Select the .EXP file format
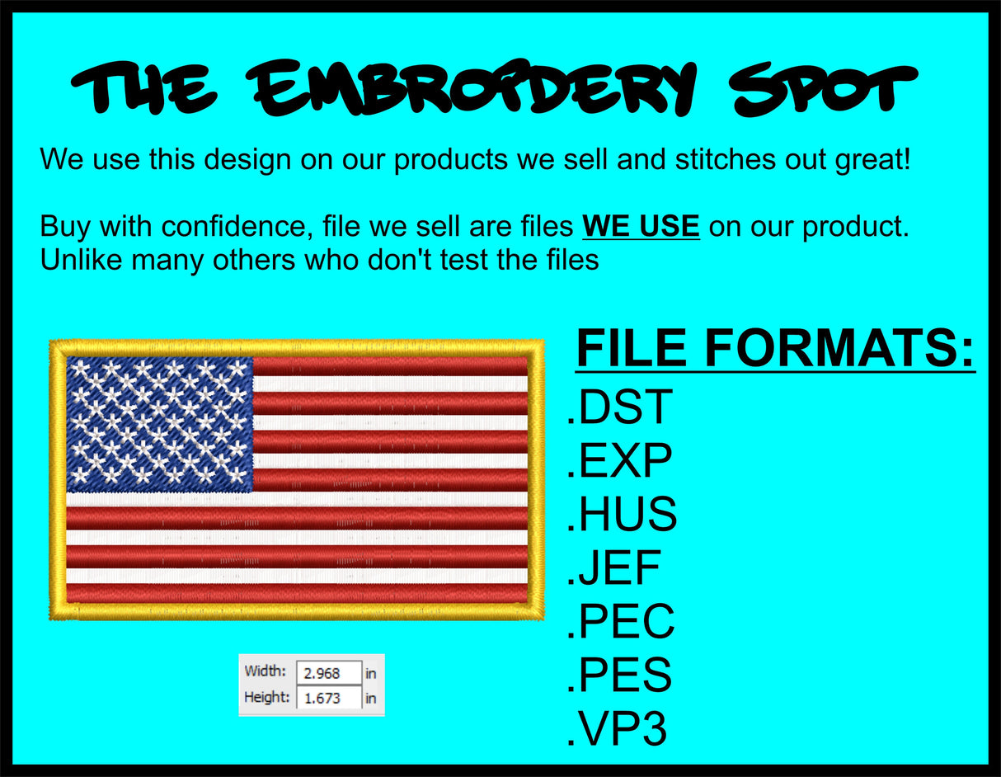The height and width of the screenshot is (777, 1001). coord(620,460)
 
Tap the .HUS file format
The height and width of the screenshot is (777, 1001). coord(623,515)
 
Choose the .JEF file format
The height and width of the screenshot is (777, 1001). coord(614,568)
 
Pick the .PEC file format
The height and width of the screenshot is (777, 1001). coord(621,622)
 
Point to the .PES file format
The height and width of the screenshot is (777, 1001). coord(620,676)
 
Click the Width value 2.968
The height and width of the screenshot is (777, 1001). coord(328,673)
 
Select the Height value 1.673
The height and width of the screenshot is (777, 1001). coord(328,698)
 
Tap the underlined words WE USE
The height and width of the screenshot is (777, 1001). coord(641,226)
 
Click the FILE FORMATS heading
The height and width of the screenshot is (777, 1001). coord(775,349)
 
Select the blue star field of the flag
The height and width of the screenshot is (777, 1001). coord(159,423)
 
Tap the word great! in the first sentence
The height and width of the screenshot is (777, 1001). coord(873,159)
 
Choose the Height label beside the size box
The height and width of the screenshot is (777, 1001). coord(266,697)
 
